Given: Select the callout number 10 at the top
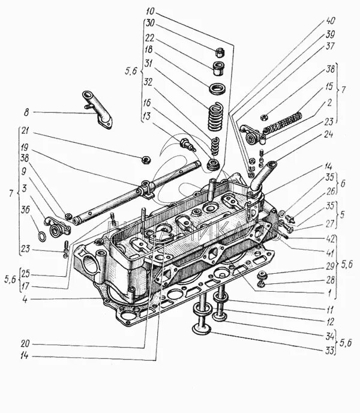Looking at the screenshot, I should (149, 11).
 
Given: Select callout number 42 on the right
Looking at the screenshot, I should (329, 238).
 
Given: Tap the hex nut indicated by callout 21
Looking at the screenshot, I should (145, 160).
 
